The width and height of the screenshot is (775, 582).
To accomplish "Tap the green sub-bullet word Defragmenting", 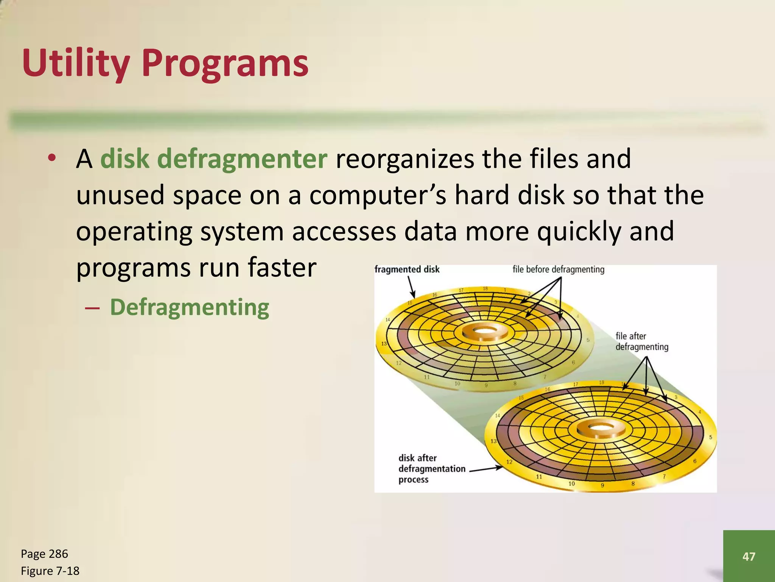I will point(189,307).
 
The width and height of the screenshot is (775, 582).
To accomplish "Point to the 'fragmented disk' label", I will point(407,269).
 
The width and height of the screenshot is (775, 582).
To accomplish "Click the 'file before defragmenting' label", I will point(558,269).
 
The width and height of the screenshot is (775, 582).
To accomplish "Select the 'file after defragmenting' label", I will point(641,341).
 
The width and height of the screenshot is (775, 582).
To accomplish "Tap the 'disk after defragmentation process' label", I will point(431,469).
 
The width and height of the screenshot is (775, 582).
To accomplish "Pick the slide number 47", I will point(749,556).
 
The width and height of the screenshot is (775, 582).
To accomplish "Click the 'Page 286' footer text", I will point(44,554).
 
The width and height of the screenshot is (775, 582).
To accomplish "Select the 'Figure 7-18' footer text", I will point(50,571).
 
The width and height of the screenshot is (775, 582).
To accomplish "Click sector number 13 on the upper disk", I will point(384,344).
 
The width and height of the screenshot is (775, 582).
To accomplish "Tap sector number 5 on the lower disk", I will point(710,437).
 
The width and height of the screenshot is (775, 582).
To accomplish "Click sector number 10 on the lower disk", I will point(571,483).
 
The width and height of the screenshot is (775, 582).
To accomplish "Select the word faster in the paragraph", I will point(282,268).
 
